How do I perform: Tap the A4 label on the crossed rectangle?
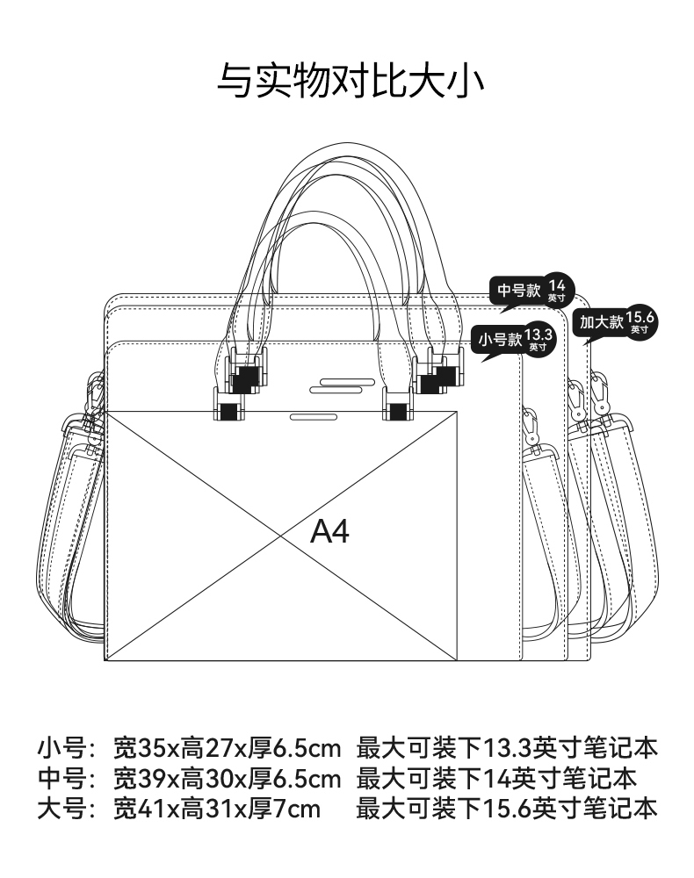(329, 531)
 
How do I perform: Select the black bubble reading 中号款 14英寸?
(531, 291)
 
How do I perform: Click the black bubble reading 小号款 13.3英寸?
(514, 340)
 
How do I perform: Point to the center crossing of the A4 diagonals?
(281, 536)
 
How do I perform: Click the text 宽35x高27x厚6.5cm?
(227, 749)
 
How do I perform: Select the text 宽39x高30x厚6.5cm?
(227, 779)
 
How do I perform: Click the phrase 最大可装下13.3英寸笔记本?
(507, 749)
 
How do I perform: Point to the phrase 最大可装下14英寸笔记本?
(496, 779)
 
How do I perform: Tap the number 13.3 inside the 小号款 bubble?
(539, 335)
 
